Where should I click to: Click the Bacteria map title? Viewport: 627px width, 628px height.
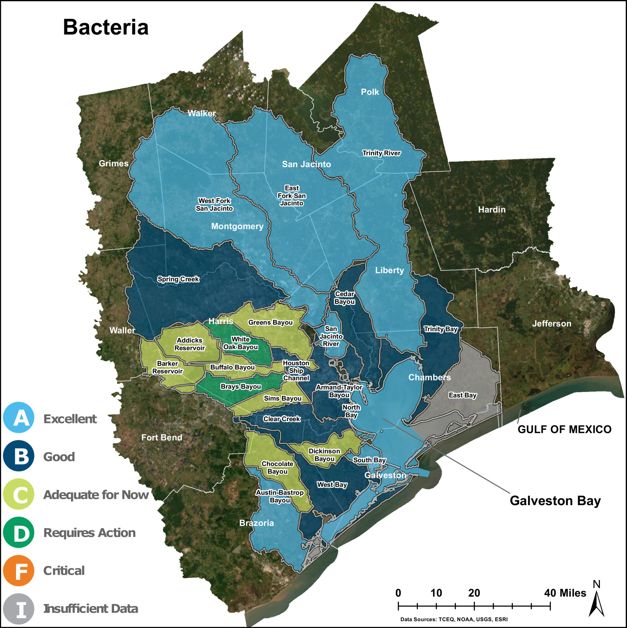pos(106,27)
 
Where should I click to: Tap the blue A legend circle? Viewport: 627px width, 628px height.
pos(18,418)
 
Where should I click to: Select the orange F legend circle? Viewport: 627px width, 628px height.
pos(18,570)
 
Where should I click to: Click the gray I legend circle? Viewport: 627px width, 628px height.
pos(18,609)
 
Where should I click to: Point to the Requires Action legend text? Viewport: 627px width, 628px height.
pos(89,533)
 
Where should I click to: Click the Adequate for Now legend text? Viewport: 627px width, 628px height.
pos(96,495)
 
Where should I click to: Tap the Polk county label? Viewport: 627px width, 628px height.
pos(370,92)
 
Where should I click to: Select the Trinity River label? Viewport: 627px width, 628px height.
pos(381,153)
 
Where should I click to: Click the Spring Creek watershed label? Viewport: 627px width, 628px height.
pos(178,279)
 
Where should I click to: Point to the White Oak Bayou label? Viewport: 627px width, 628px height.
pos(241,343)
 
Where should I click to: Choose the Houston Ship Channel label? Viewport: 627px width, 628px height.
pos(296,371)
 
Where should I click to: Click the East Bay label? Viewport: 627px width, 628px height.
pos(462,395)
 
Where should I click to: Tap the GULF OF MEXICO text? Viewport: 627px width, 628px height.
pos(564,429)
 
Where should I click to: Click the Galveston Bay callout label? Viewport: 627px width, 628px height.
pos(555,501)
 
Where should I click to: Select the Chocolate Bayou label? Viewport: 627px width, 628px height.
pos(277,467)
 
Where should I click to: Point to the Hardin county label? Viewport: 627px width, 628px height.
pos(492,210)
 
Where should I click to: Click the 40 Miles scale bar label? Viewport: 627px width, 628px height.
pos(565,593)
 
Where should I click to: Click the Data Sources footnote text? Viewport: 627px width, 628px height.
pos(454,619)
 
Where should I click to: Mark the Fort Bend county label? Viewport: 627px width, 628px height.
pos(162,438)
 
